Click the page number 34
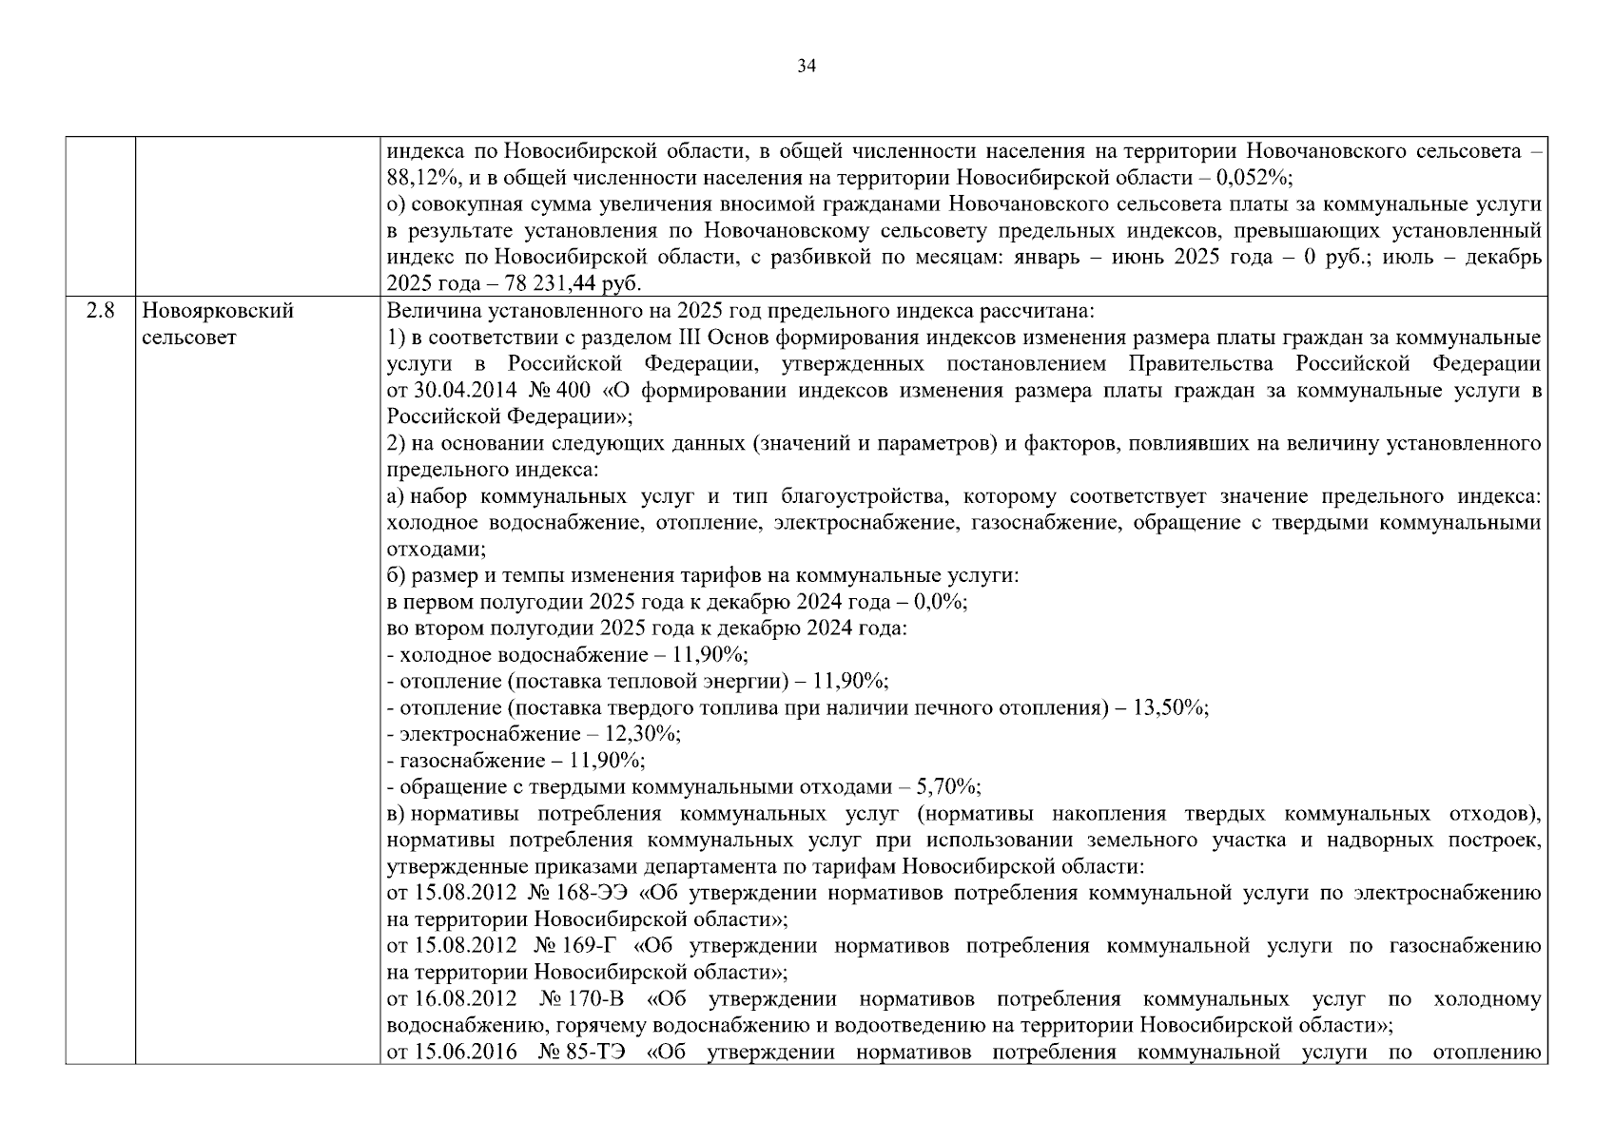(x=807, y=66)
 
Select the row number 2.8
(x=100, y=311)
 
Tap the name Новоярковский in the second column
(x=218, y=311)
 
